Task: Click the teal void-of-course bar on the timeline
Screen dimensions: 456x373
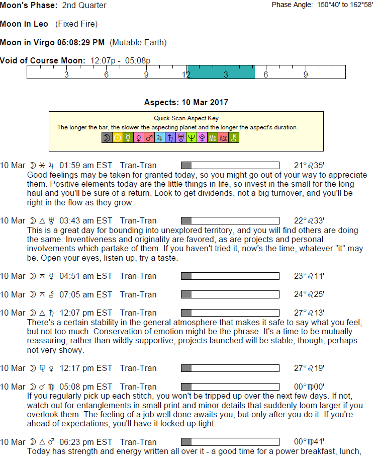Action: point(221,72)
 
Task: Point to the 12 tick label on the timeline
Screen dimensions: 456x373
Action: point(187,74)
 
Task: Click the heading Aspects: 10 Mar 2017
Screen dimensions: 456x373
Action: point(186,103)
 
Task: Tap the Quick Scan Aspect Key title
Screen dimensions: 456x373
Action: point(186,119)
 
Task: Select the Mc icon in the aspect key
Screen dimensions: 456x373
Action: point(213,137)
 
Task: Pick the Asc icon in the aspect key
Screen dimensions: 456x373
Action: point(223,137)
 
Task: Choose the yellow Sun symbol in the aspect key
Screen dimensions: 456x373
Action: point(117,137)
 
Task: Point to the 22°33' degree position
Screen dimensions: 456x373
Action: point(309,220)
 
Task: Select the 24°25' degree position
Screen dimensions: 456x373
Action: point(309,294)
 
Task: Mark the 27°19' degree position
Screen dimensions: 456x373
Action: point(309,368)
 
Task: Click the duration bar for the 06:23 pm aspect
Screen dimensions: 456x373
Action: point(230,442)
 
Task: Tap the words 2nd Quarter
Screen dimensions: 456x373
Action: point(84,6)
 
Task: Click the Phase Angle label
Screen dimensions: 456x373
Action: point(293,5)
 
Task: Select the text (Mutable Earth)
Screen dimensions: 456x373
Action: point(138,42)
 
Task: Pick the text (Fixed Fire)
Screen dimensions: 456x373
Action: point(76,24)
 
